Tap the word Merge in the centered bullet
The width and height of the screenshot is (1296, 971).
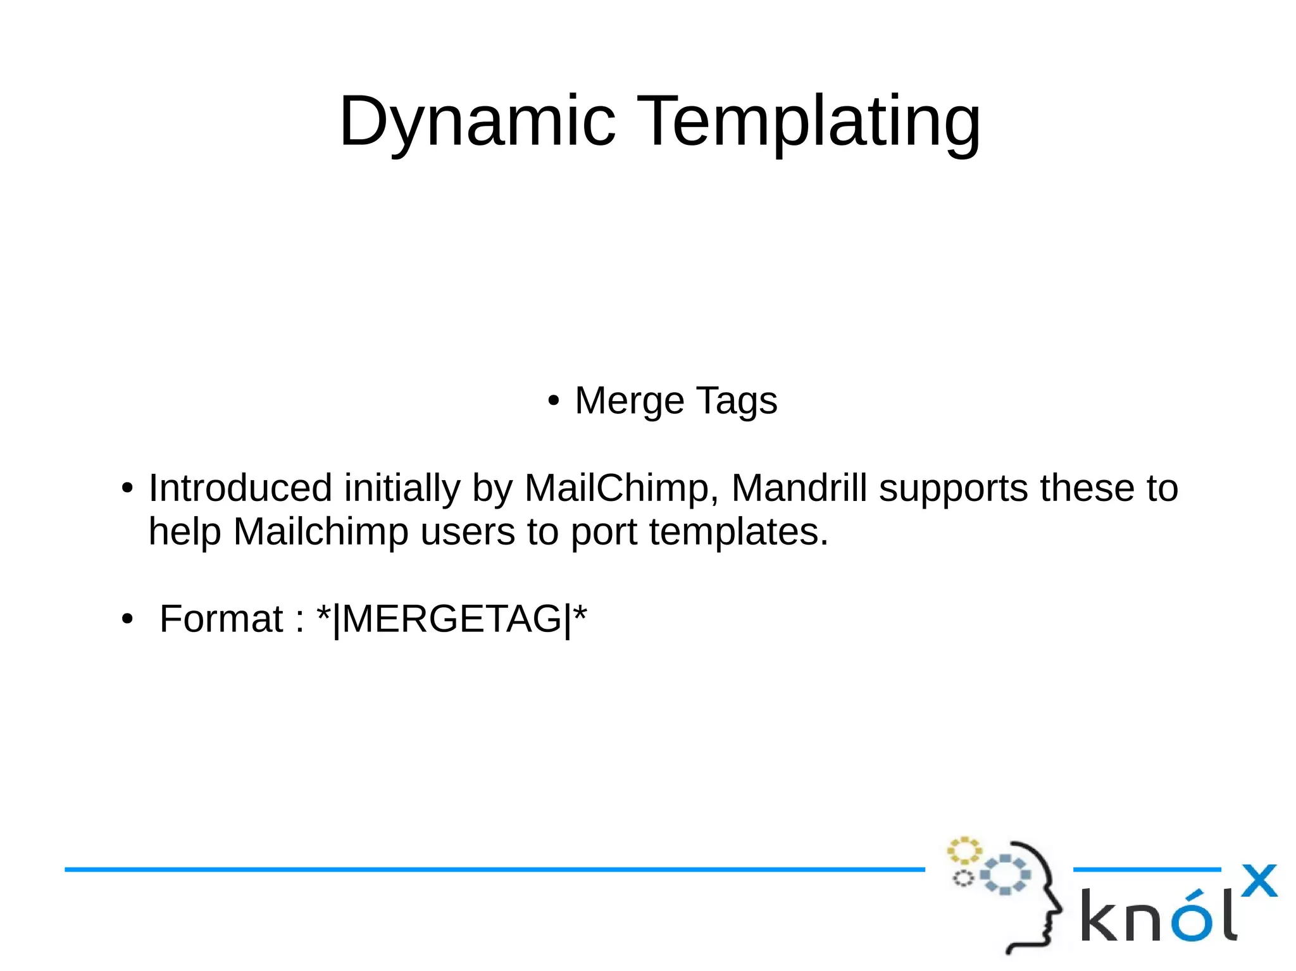pos(629,401)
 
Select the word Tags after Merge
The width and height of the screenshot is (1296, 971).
pos(737,401)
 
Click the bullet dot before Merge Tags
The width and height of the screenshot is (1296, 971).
pos(554,401)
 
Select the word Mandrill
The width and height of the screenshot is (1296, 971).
pos(799,488)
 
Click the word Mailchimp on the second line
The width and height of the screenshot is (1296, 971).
pos(321,532)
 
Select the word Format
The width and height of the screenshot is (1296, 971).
pos(221,619)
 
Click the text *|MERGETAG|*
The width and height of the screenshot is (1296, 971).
pos(452,619)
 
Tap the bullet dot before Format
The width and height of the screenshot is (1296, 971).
pos(128,619)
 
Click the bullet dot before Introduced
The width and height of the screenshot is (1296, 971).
pos(128,489)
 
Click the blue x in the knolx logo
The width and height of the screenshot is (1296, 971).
pos(1259,881)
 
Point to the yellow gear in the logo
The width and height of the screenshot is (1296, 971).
pos(964,851)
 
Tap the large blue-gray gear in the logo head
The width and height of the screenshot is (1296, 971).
pos(1005,874)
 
